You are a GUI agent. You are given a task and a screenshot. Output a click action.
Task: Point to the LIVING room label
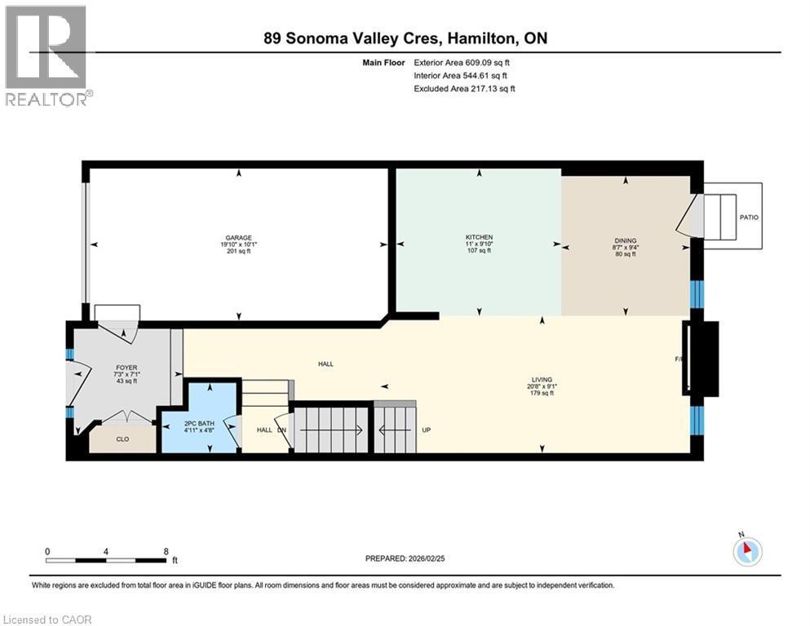click(542, 380)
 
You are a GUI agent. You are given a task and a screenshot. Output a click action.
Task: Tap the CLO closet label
click(122, 439)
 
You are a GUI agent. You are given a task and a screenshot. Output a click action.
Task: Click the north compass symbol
click(747, 552)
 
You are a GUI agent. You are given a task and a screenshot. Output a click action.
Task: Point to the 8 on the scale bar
click(166, 551)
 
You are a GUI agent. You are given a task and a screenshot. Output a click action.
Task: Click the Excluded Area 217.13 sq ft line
click(464, 88)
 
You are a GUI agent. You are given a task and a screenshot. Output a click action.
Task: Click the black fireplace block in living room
click(703, 359)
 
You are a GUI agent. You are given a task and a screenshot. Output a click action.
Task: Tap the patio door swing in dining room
click(689, 216)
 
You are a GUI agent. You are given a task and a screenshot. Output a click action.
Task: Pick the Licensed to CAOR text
click(47, 619)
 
